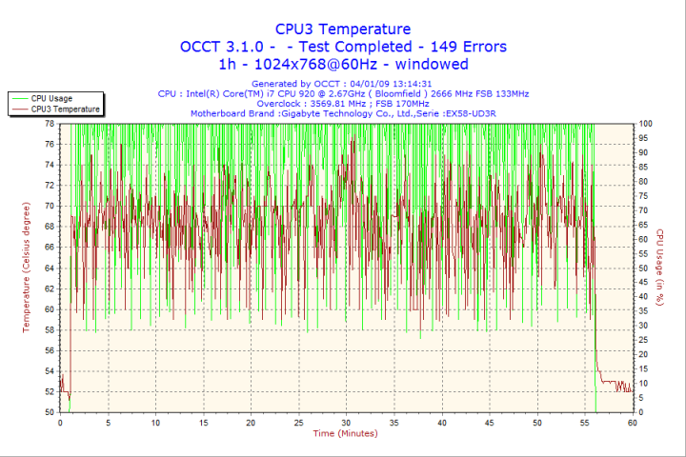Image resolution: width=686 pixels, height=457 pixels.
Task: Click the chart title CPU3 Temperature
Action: [x=343, y=30]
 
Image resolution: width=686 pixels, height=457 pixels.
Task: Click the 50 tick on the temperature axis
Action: [x=49, y=412]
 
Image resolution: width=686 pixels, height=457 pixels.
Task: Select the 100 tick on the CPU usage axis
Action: [x=646, y=124]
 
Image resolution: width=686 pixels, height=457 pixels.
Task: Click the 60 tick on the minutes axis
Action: [x=632, y=423]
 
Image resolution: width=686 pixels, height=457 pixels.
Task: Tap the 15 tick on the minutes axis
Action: [x=203, y=423]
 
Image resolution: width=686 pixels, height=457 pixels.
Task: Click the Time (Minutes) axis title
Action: [x=345, y=434]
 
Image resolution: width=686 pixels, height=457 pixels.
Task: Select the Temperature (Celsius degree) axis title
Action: [x=27, y=268]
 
